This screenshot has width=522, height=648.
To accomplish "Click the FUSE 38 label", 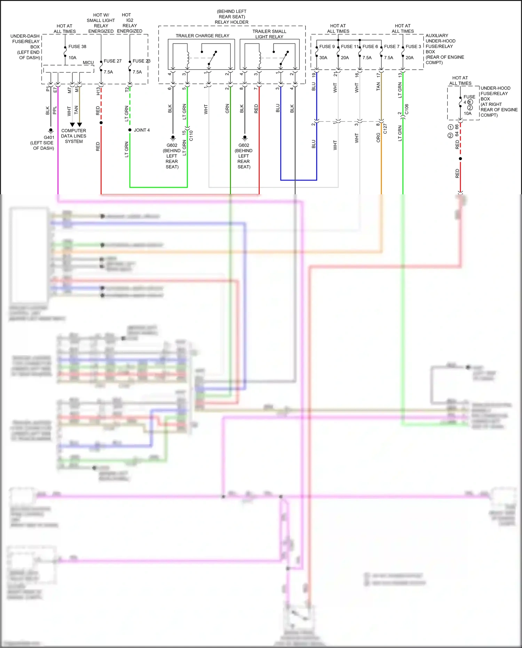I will tap(77, 47).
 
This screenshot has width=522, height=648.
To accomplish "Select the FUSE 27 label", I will tap(112, 61).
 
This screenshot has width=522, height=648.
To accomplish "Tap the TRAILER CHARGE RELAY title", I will tap(202, 36).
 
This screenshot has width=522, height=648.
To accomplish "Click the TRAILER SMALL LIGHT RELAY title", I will tap(269, 34).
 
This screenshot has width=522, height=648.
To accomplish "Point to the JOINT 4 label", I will tap(142, 130).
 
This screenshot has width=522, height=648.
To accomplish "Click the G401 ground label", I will tap(49, 138).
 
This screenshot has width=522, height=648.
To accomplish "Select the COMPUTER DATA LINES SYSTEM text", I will tap(73, 136).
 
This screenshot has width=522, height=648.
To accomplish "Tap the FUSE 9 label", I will tap(327, 47).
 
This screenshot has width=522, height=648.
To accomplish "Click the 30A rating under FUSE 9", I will tap(323, 58).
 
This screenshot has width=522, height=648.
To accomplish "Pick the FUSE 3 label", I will tap(413, 47).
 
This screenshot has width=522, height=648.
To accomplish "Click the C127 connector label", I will tap(385, 129).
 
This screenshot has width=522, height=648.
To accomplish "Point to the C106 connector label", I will tap(407, 109).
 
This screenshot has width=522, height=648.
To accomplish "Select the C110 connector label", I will tap(191, 135).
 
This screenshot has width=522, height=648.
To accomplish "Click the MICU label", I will tap(88, 63).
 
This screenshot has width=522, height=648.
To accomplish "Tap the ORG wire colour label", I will tap(378, 138).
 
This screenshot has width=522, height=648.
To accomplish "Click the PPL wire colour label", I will tap(55, 110).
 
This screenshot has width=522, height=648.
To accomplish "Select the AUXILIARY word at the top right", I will tap(437, 36).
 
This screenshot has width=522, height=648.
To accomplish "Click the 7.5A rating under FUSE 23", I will tap(137, 72).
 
